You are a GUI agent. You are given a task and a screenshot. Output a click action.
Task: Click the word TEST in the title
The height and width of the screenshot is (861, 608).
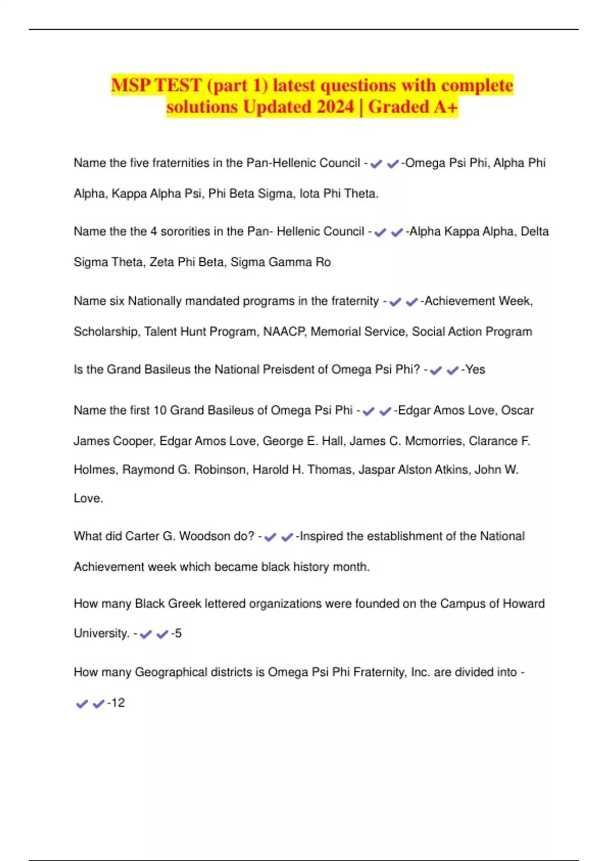(x=178, y=85)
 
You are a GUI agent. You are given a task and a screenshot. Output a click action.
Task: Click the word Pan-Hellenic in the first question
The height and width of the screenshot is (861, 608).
(x=303, y=163)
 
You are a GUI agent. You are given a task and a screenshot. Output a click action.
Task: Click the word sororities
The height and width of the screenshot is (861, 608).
(x=185, y=231)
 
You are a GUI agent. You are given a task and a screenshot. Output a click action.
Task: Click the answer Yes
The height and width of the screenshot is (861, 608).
(x=475, y=370)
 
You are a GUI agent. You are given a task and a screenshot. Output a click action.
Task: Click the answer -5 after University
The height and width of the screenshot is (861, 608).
(x=176, y=634)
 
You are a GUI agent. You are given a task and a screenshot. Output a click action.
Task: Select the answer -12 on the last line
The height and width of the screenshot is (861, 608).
(x=116, y=703)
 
